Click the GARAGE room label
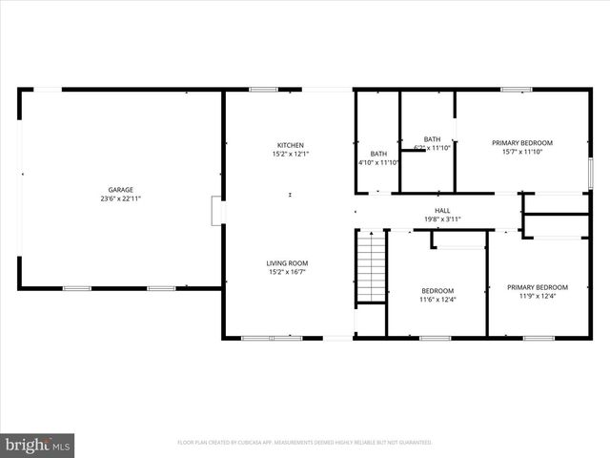tap(120, 190)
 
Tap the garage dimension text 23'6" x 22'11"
tap(120, 198)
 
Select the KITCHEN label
tap(291, 145)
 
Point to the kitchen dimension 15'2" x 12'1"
tap(291, 154)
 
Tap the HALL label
tap(442, 211)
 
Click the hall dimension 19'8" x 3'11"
tap(442, 219)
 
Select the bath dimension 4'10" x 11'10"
tap(378, 162)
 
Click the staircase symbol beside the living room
tap(371, 268)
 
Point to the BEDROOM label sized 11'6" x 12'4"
tap(437, 291)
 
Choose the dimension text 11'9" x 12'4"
tap(537, 296)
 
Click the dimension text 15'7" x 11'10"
tap(522, 152)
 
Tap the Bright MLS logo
tap(38, 445)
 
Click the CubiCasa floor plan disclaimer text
tap(305, 443)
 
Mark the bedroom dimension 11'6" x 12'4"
tap(437, 300)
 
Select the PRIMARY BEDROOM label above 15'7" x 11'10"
tap(522, 143)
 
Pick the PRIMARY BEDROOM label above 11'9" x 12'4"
tap(537, 287)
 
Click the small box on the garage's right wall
tap(217, 211)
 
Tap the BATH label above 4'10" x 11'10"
tap(378, 154)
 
